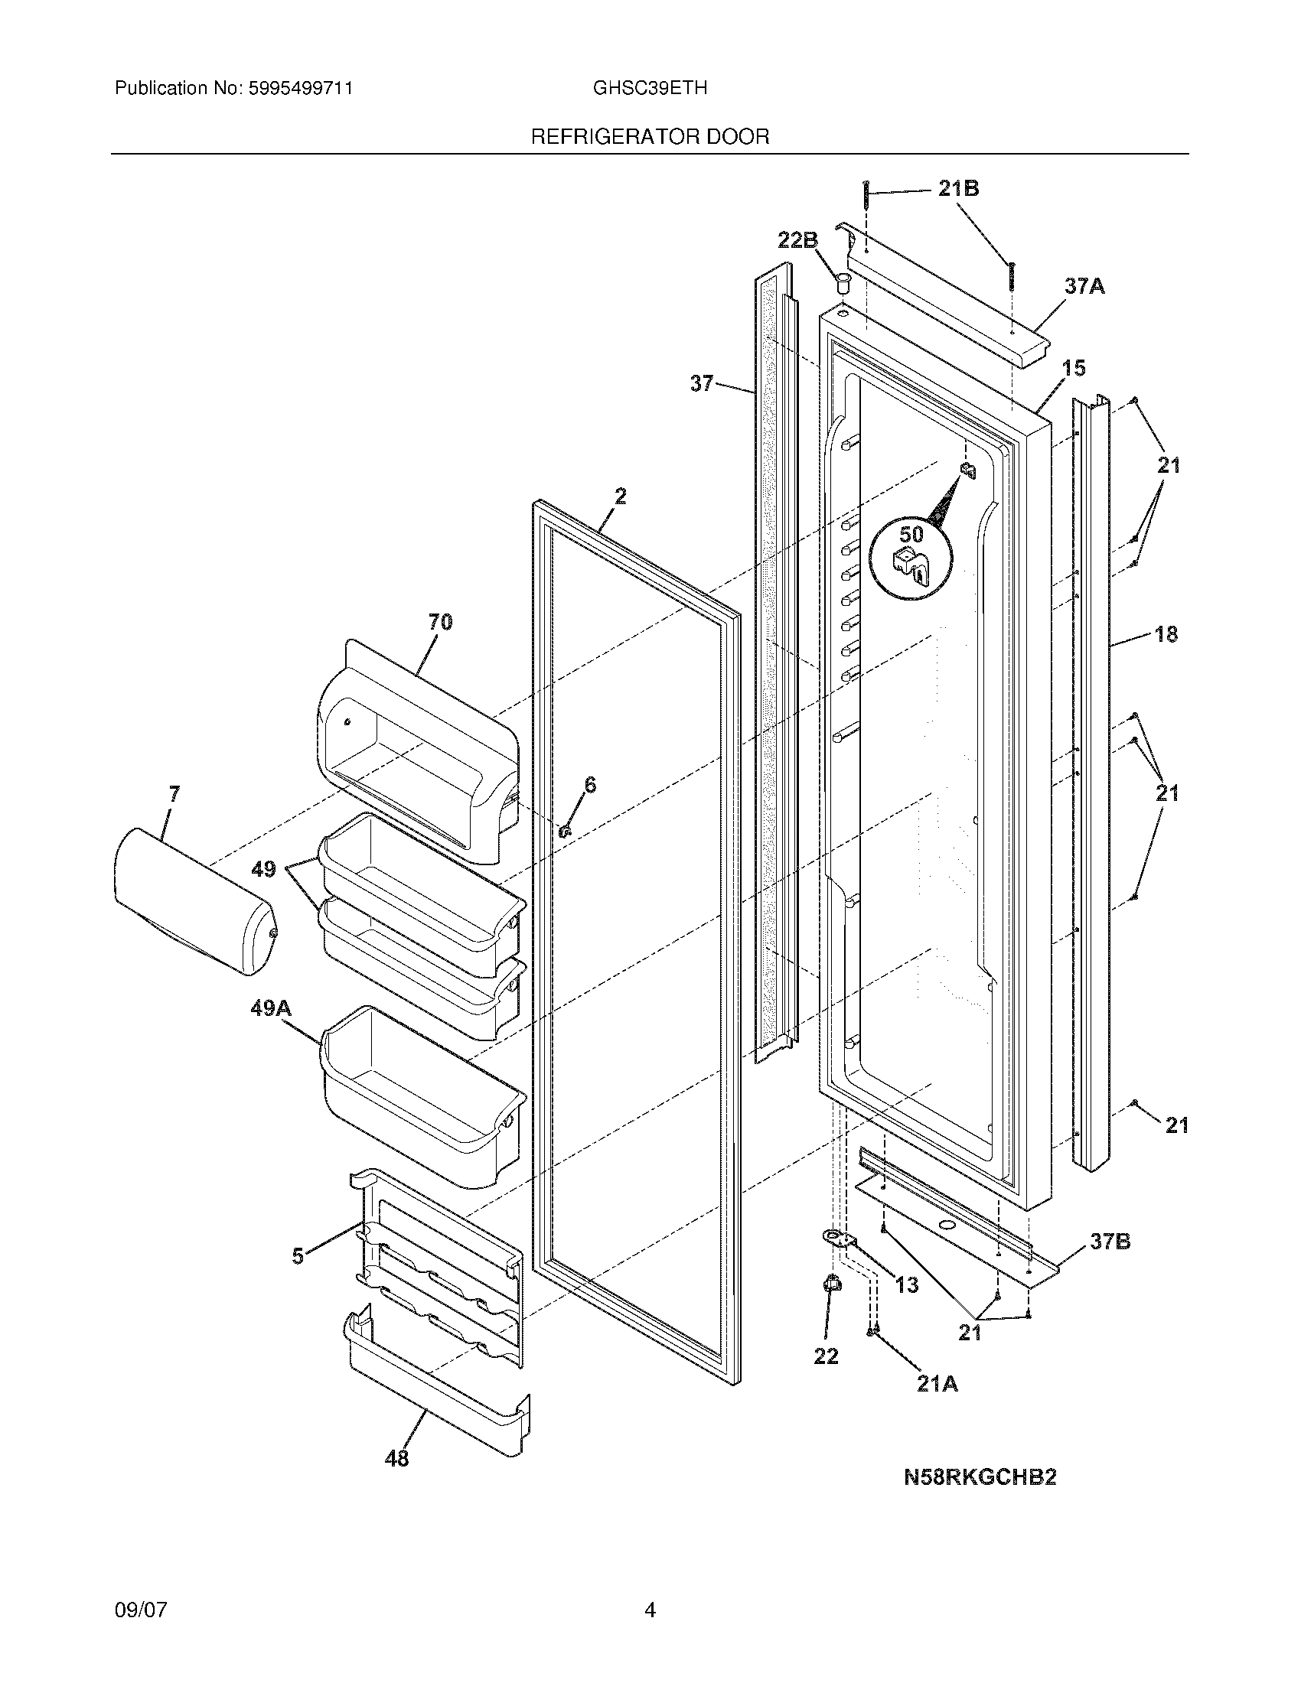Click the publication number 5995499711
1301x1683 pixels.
[300, 89]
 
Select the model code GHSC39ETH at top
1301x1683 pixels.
[650, 89]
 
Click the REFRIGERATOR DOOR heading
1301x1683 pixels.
[650, 137]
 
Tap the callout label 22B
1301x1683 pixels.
[797, 240]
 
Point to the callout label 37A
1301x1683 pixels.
[1084, 287]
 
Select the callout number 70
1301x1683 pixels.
[440, 622]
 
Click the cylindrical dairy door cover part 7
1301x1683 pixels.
[193, 902]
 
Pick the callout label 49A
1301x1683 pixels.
[270, 1008]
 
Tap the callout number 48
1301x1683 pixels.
[396, 1458]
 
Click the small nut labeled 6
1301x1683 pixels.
[565, 831]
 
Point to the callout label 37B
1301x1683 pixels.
[1110, 1242]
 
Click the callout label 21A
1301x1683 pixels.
[937, 1384]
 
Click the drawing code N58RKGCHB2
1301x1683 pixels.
[980, 1477]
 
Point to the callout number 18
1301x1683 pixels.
[1166, 634]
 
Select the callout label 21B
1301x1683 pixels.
[958, 189]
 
